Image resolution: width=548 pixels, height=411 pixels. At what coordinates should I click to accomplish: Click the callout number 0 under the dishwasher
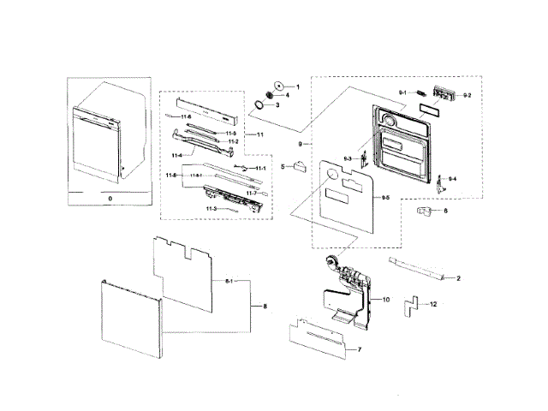pyautogui.click(x=110, y=198)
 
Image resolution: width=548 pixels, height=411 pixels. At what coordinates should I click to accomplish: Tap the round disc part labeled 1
pyautogui.click(x=279, y=86)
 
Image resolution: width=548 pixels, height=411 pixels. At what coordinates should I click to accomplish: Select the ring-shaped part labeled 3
pyautogui.click(x=256, y=104)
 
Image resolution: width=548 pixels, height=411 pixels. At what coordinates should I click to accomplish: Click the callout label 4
pyautogui.click(x=288, y=95)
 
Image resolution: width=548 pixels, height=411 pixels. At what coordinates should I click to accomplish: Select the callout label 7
pyautogui.click(x=359, y=350)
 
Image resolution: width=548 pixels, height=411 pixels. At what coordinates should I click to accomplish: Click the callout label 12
pyautogui.click(x=433, y=305)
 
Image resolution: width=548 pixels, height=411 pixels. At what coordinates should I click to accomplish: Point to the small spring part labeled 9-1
pyautogui.click(x=422, y=93)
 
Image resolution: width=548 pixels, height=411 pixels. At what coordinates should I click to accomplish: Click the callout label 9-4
pyautogui.click(x=453, y=178)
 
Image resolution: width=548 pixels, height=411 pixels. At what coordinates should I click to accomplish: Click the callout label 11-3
pyautogui.click(x=211, y=209)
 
